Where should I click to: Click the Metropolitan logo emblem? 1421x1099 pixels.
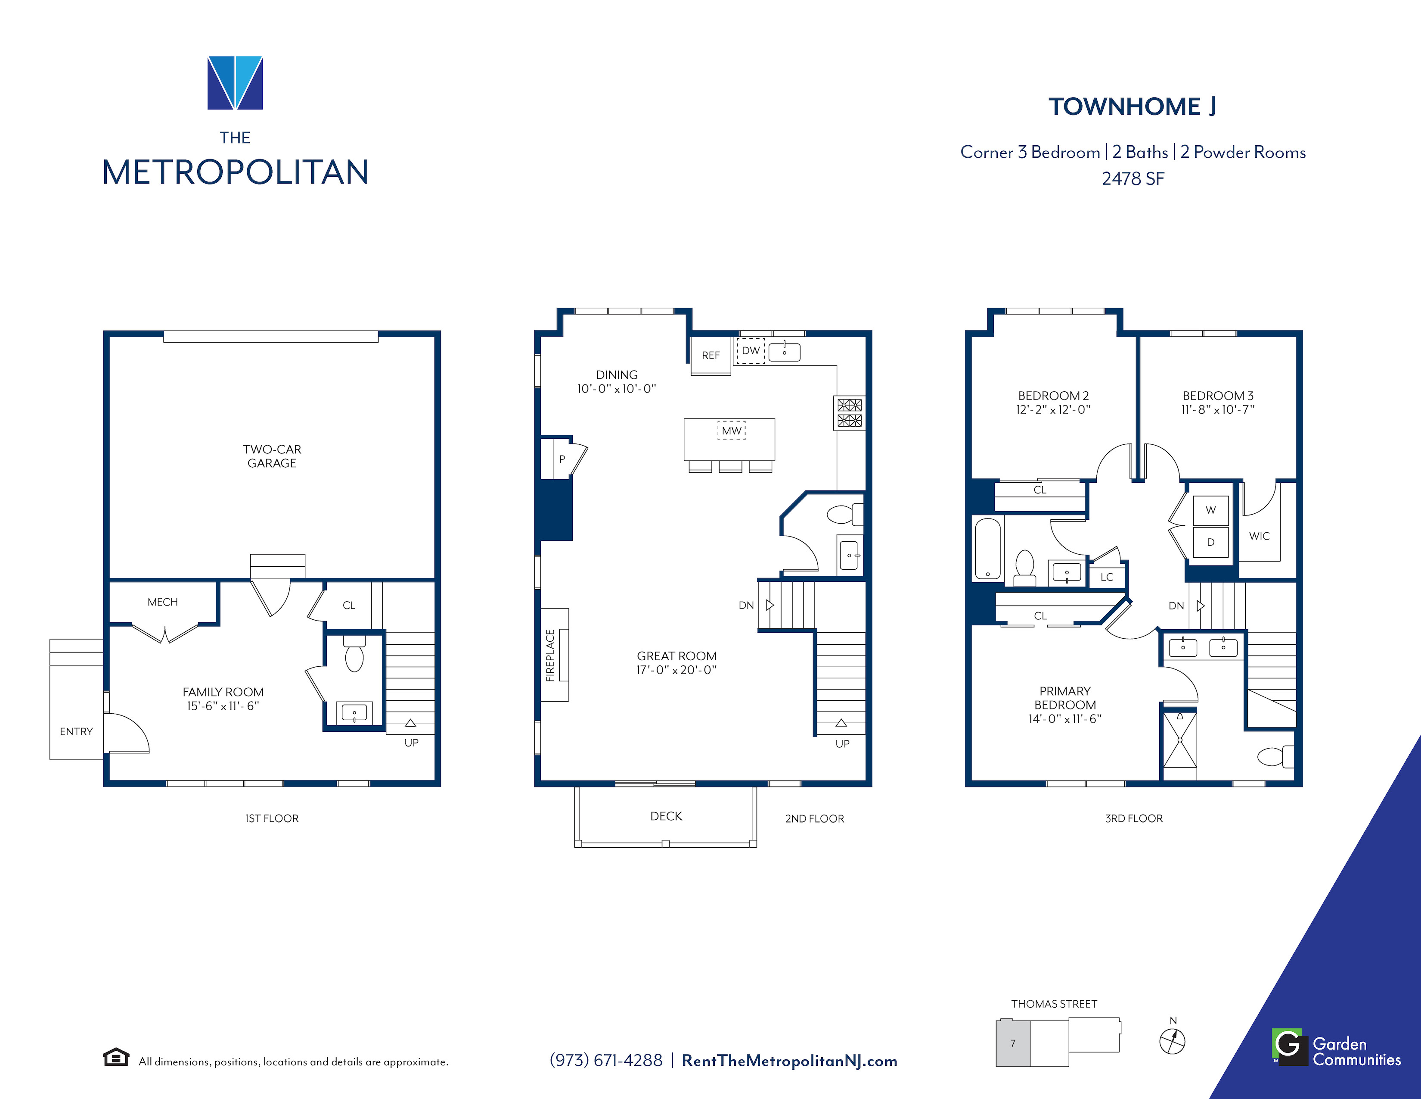point(235,83)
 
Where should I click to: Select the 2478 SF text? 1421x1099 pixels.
point(1133,178)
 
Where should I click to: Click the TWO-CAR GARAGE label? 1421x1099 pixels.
point(272,456)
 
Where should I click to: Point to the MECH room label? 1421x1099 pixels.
point(163,602)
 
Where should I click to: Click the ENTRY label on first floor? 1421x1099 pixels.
point(76,731)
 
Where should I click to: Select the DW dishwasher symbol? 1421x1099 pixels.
point(751,350)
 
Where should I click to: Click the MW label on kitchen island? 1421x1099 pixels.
point(731,431)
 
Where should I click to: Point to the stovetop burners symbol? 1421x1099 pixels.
point(850,413)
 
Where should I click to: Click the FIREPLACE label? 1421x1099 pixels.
point(550,655)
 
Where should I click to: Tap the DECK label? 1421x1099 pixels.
point(666,816)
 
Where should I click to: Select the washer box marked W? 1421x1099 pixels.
point(1210,510)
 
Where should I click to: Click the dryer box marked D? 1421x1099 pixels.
point(1210,542)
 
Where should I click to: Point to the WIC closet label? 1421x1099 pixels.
point(1259,536)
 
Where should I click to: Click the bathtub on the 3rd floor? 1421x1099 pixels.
point(988,548)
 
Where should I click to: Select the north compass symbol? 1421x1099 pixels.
point(1173,1040)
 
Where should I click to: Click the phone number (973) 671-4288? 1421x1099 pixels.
point(606,1061)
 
